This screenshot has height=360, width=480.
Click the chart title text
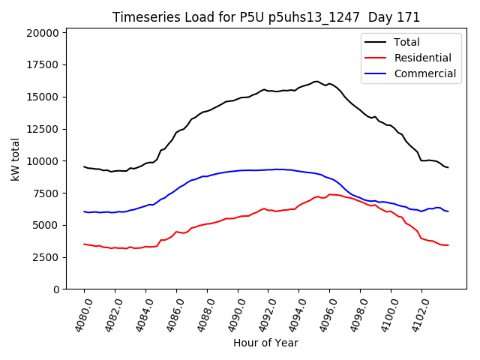(266, 17)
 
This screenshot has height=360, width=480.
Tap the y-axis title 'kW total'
(15, 159)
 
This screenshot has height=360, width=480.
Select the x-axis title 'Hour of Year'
(265, 343)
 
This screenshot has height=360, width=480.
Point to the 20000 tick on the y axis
(43, 33)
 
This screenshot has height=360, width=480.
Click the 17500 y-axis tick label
(43, 65)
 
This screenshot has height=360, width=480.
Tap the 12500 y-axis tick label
(43, 129)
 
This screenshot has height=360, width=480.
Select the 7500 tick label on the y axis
(46, 193)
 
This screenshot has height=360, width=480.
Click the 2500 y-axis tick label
(46, 257)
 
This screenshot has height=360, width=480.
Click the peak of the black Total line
(316, 81)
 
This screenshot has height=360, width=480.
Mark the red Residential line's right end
(448, 245)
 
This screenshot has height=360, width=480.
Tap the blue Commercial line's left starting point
(84, 211)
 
